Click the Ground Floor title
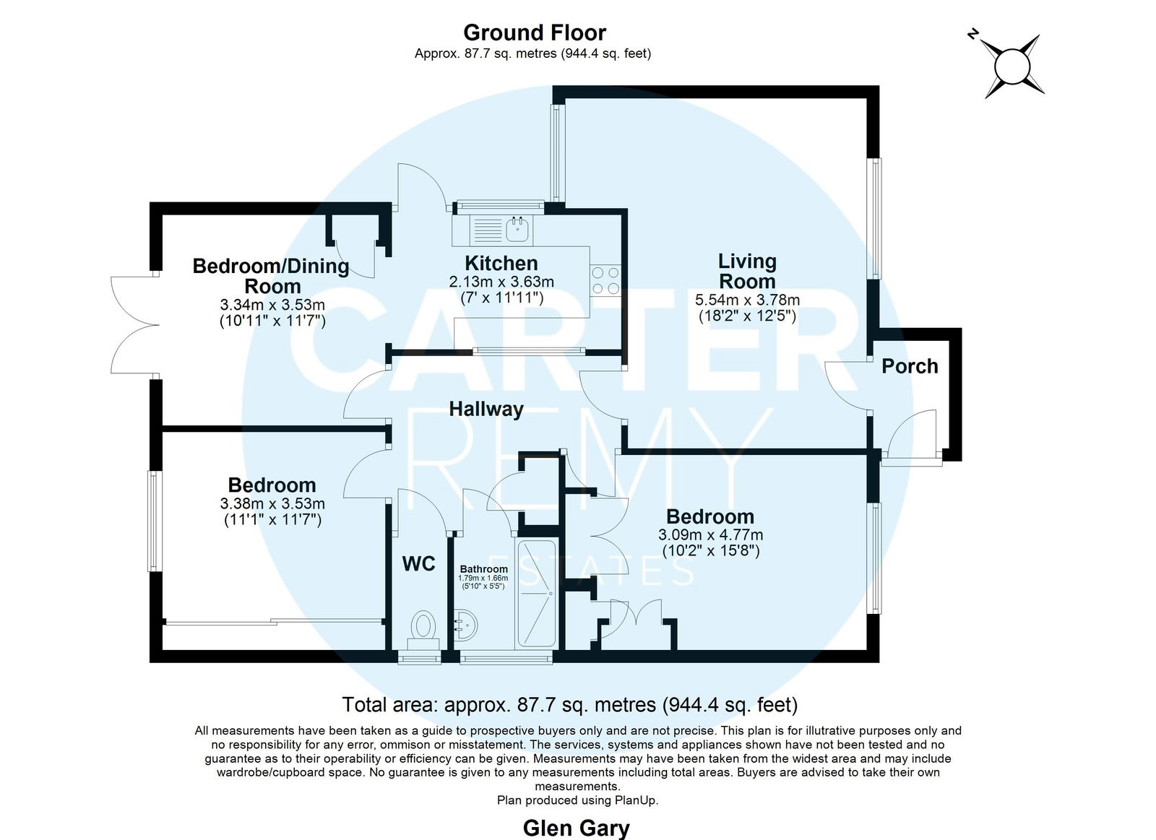pos(535,33)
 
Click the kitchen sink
pos(517,230)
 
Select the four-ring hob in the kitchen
pos(606,281)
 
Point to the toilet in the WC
pos(423,631)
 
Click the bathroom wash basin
pos(467,625)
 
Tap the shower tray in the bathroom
pos(536,594)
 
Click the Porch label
pos(910,366)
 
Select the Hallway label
pos(486,409)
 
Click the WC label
pos(418,564)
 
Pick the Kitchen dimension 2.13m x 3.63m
pos(501,282)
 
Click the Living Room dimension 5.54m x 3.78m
pos(747,300)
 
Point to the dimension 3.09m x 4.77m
pos(711,535)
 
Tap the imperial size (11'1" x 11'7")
pos(272,519)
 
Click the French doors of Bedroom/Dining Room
pos(135,325)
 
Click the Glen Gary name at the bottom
pos(576,828)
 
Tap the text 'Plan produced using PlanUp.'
pos(577,800)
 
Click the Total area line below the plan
pos(570,705)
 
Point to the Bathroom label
pos(483,568)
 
